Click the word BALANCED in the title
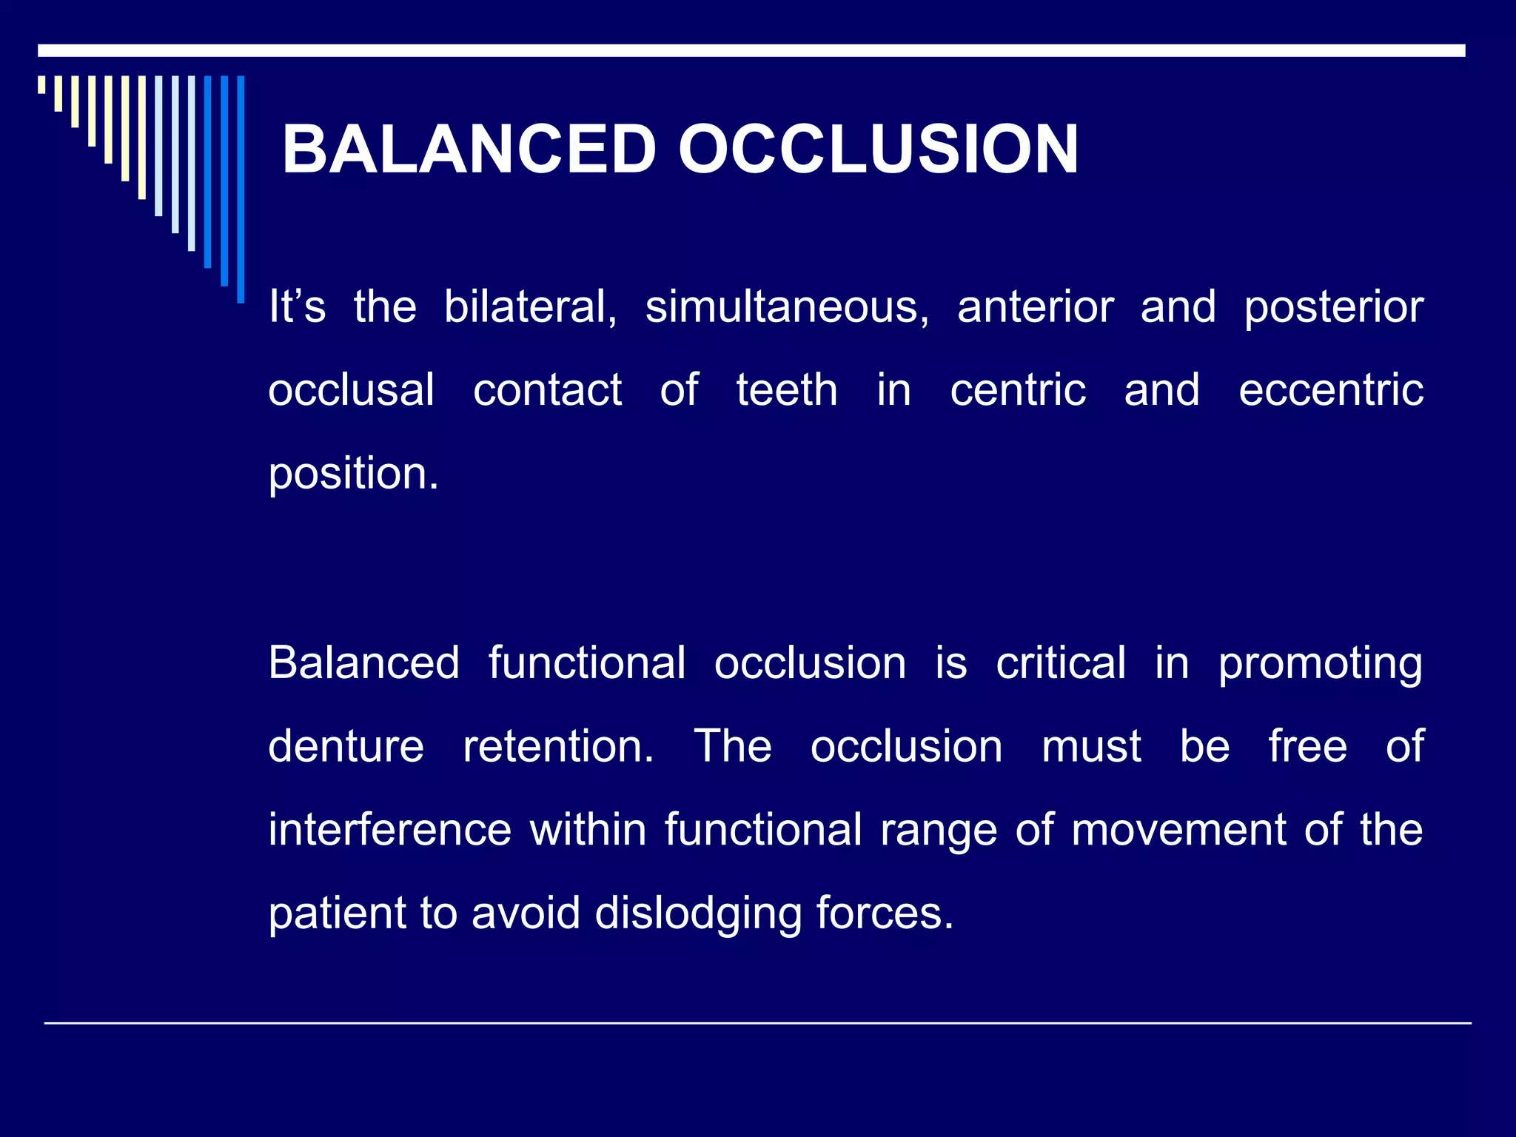point(469,150)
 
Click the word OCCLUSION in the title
point(878,150)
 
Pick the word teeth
point(786,390)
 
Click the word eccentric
point(1331,390)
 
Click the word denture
point(346,745)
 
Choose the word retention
point(557,745)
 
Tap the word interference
point(389,829)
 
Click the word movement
point(1179,829)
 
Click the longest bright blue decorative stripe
point(241,189)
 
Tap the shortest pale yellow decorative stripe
point(41,84)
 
